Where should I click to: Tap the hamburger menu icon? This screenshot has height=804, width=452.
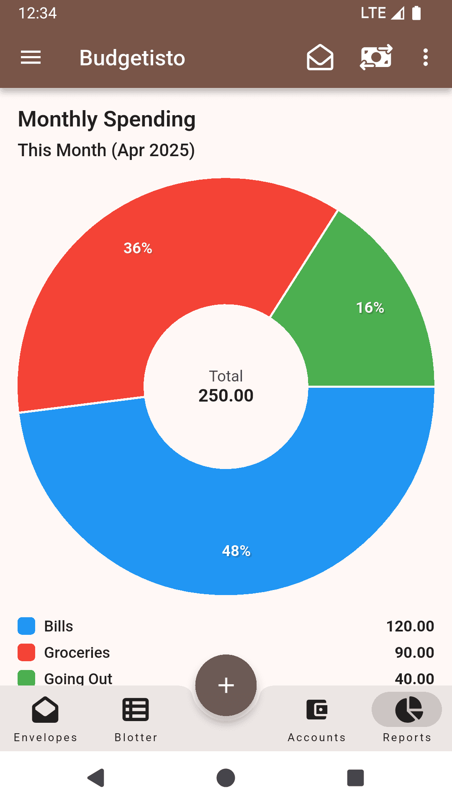pyautogui.click(x=31, y=57)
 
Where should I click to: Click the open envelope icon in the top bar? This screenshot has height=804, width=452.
pyautogui.click(x=320, y=57)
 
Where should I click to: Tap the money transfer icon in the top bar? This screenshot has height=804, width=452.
pyautogui.click(x=376, y=57)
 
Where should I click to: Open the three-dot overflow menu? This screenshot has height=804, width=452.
pyautogui.click(x=425, y=57)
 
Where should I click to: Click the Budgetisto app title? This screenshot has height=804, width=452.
pyautogui.click(x=132, y=58)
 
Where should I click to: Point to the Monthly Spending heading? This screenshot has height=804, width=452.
pyautogui.click(x=107, y=119)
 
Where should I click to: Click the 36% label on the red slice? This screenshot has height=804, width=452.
pyautogui.click(x=138, y=248)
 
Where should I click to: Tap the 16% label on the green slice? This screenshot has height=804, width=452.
pyautogui.click(x=370, y=308)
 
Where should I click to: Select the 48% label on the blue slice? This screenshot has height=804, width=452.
pyautogui.click(x=236, y=551)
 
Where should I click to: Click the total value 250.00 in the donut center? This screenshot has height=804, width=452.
pyautogui.click(x=226, y=396)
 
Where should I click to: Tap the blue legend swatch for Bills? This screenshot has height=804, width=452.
pyautogui.click(x=26, y=626)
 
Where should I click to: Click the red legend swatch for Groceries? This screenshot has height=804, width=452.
pyautogui.click(x=26, y=652)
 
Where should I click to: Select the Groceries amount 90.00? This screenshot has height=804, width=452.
pyautogui.click(x=414, y=652)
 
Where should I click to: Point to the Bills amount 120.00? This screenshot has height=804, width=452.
pyautogui.click(x=410, y=626)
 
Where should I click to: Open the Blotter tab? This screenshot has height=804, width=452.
pyautogui.click(x=136, y=718)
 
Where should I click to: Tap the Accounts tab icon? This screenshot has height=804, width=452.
pyautogui.click(x=317, y=710)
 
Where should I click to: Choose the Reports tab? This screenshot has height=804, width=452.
pyautogui.click(x=407, y=718)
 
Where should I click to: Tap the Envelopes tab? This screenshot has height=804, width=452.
pyautogui.click(x=45, y=718)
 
